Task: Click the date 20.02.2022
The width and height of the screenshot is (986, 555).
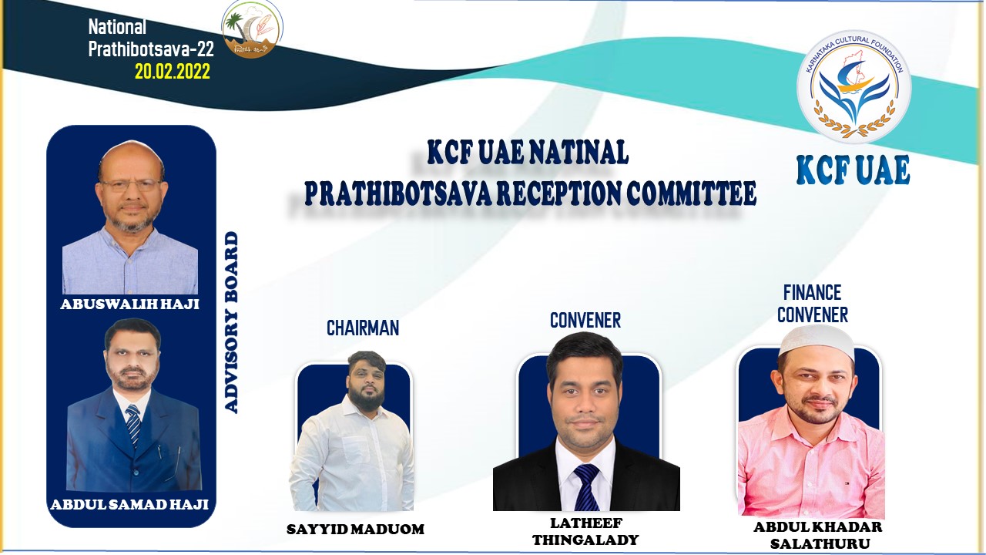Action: click(x=172, y=72)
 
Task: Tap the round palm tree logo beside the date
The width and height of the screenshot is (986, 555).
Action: click(x=251, y=29)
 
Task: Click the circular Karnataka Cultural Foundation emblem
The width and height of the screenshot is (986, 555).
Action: click(x=854, y=86)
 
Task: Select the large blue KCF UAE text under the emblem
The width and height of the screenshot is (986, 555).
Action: click(x=853, y=170)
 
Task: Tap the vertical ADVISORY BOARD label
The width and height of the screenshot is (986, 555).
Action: click(x=230, y=322)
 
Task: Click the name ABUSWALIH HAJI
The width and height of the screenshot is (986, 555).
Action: click(x=129, y=304)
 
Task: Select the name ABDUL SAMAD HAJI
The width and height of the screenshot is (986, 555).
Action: click(x=129, y=505)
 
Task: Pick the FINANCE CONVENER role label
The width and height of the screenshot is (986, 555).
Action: click(x=812, y=303)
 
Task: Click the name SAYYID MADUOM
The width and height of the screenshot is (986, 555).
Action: click(x=355, y=529)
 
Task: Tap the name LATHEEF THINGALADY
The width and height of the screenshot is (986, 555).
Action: click(x=586, y=531)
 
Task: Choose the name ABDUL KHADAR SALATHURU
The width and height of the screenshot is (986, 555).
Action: click(x=818, y=535)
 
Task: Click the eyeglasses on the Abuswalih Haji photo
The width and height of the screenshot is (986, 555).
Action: click(x=130, y=186)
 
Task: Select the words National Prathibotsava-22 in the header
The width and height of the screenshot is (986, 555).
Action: click(x=150, y=38)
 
